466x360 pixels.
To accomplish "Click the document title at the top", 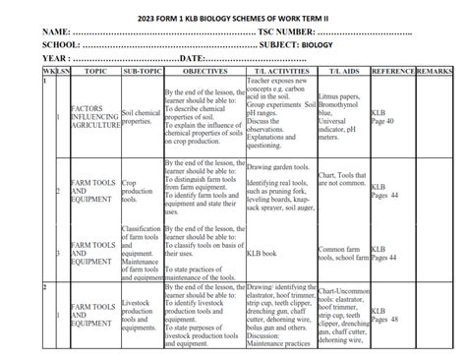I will (x=233, y=13).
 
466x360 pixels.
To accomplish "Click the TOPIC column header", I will (x=95, y=72).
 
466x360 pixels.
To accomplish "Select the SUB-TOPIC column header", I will (x=141, y=72).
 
